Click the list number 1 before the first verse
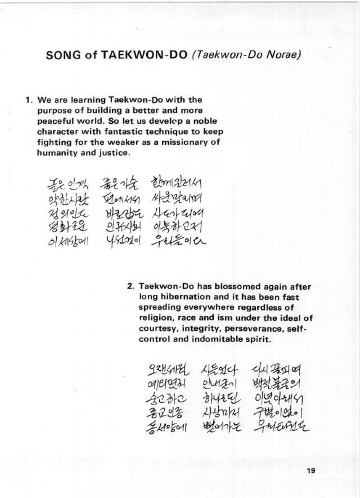[29, 100]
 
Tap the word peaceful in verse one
[52, 121]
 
